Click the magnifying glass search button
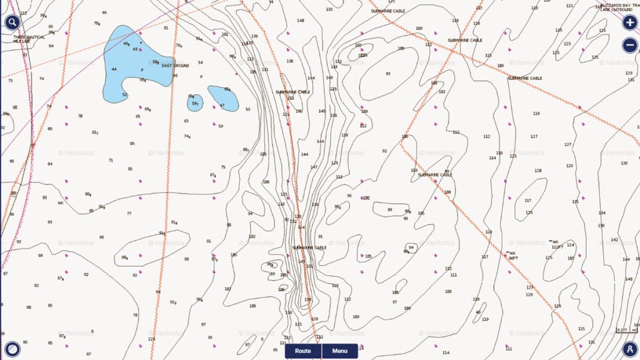pyautogui.click(x=12, y=22)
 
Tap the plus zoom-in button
pyautogui.click(x=629, y=22)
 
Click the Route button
pyautogui.click(x=303, y=351)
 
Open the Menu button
pyautogui.click(x=339, y=351)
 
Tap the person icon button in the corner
pyautogui.click(x=629, y=348)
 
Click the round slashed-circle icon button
pyautogui.click(x=11, y=348)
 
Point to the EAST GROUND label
pyautogui.click(x=175, y=66)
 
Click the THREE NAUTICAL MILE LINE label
pyautogui.click(x=29, y=39)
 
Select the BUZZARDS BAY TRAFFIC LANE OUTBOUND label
pyautogui.click(x=617, y=7)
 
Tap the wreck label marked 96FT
pyautogui.click(x=513, y=256)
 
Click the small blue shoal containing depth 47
pyautogui.click(x=223, y=98)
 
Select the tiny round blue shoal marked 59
pyautogui.click(x=194, y=103)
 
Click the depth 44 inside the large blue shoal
pyautogui.click(x=114, y=69)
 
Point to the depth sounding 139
pyautogui.click(x=624, y=163)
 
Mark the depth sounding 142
pyautogui.click(x=614, y=239)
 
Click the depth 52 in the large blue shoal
pyautogui.click(x=124, y=95)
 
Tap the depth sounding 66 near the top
pyautogui.click(x=104, y=12)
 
